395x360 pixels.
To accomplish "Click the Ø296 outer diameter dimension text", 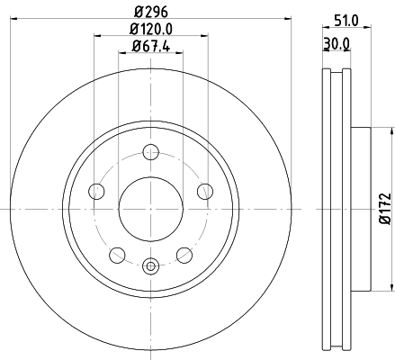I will click(x=150, y=12).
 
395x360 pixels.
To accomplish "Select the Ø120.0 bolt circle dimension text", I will click(x=150, y=29).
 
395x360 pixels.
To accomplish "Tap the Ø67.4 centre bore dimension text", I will click(x=150, y=46).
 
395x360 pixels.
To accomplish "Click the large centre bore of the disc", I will click(x=150, y=208).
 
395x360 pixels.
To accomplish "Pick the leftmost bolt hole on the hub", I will click(x=95, y=190).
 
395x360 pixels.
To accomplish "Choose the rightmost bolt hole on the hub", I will click(x=205, y=190).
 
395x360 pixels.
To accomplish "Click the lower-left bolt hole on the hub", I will click(x=117, y=254).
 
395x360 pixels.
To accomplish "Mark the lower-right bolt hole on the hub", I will click(x=184, y=254).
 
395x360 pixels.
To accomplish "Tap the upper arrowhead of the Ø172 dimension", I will click(x=391, y=130).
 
